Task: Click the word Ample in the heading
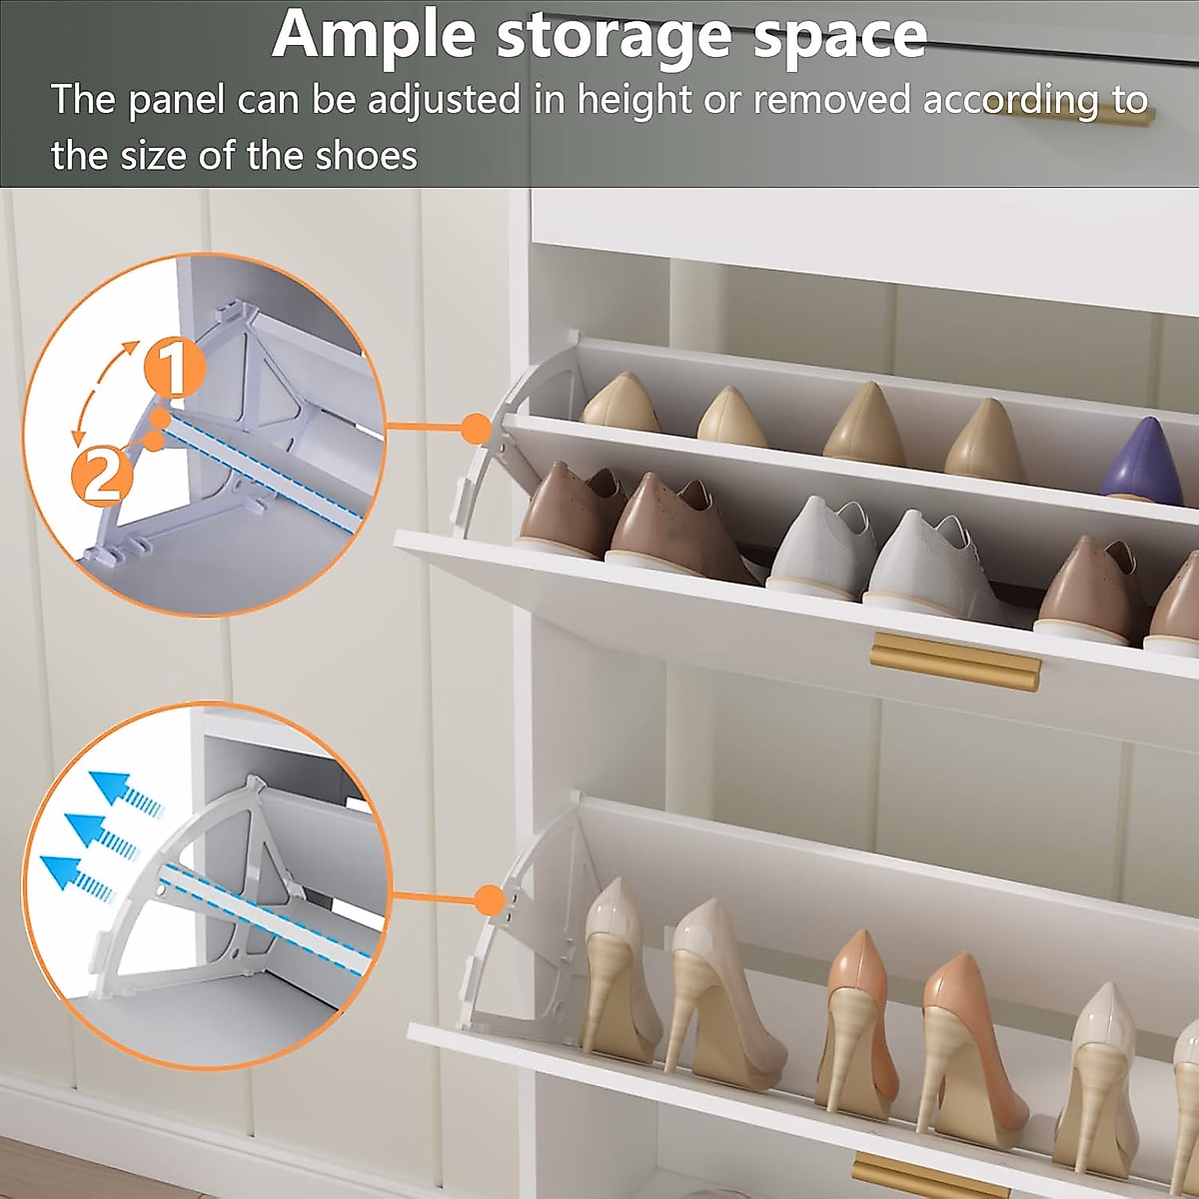tap(374, 36)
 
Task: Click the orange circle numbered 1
tap(175, 369)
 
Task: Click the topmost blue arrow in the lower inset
tap(124, 790)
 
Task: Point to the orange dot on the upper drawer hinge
tap(478, 430)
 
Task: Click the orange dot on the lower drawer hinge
tap(489, 899)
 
